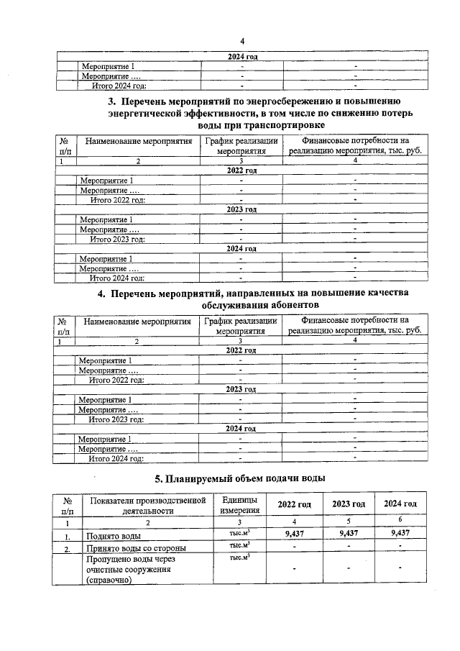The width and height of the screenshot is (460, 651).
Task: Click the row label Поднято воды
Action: tap(114, 536)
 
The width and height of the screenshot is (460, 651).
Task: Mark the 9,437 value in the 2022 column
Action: tap(293, 533)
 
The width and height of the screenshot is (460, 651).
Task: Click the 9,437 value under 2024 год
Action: tap(400, 533)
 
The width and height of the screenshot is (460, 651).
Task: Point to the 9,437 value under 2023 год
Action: tap(348, 533)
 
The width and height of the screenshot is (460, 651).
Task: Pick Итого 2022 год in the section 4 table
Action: tap(116, 379)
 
